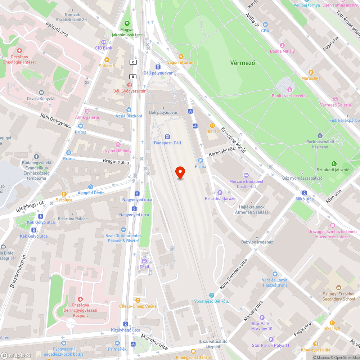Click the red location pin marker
point(180,173)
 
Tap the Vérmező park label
point(243,63)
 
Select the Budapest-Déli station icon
point(167,136)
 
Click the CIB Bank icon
point(104,42)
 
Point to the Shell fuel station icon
point(144,261)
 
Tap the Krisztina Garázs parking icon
point(220,193)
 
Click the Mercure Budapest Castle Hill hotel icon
point(247,175)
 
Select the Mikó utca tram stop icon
point(305,193)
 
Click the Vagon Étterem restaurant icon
point(181,57)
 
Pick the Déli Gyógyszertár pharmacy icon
point(129,85)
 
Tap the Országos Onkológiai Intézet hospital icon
point(19,51)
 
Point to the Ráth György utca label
point(56,120)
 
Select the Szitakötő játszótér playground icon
point(334,163)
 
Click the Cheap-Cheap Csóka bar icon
point(138,300)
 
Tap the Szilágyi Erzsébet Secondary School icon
point(338,288)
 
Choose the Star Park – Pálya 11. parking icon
point(271,339)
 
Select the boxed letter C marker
point(134,62)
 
